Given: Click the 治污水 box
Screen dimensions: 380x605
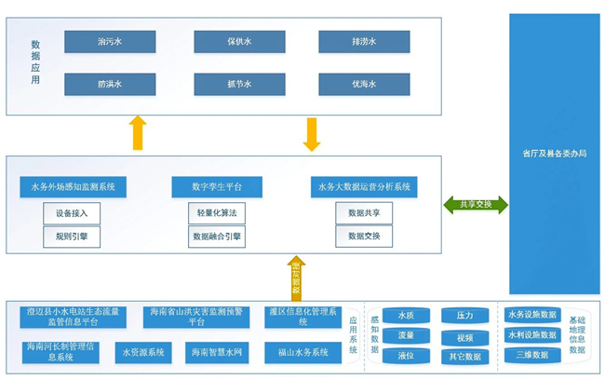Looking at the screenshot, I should coord(110,42).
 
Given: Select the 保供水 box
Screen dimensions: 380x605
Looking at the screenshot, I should coord(239,42).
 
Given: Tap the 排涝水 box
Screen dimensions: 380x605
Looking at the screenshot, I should coord(364,42).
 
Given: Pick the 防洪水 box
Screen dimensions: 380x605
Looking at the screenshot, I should coord(110,85).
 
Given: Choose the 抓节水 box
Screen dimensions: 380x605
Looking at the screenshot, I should coord(239,85).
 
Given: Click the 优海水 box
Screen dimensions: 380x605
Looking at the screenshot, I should coord(364,85).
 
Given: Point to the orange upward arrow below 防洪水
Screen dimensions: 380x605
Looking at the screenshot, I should coord(138,132).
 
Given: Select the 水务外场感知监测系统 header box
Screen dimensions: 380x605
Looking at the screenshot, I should coord(74,187).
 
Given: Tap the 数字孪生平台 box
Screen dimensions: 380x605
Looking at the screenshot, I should coord(217,187).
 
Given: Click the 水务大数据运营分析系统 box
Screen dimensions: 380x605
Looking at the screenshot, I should coord(364,187).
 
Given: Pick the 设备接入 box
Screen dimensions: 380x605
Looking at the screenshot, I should coord(72,213).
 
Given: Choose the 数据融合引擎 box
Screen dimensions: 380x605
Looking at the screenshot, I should coord(217,237).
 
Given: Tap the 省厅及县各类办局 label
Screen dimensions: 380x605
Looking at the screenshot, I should coord(554,154).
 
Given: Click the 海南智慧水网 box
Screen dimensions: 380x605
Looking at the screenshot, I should coord(217,353).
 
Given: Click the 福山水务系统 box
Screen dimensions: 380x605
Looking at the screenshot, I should coord(302,353).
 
